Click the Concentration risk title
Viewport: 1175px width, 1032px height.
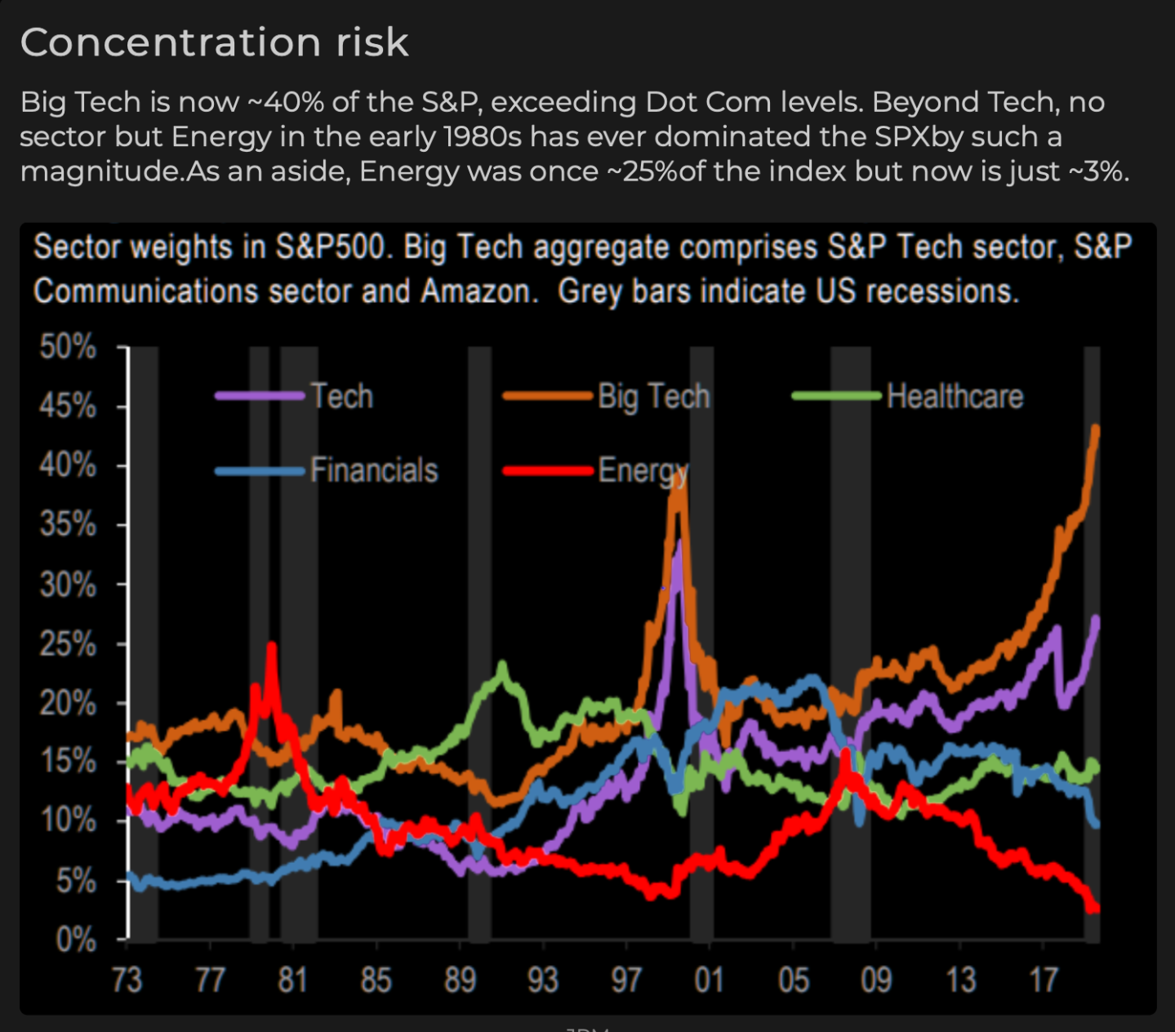click(x=214, y=42)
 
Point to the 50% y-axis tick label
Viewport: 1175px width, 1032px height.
click(x=69, y=348)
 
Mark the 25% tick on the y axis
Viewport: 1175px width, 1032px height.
click(x=69, y=644)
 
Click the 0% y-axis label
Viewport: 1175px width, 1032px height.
click(x=75, y=941)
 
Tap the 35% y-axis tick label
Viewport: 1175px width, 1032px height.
click(x=69, y=526)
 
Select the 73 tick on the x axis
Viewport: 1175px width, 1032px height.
click(x=127, y=979)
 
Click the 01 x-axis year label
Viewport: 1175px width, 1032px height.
click(x=709, y=979)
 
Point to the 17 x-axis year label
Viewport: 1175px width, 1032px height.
click(x=1043, y=979)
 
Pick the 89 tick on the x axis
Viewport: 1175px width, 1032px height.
click(x=460, y=979)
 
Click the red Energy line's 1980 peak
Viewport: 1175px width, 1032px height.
click(x=271, y=646)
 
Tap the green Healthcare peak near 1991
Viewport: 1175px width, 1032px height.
click(x=501, y=665)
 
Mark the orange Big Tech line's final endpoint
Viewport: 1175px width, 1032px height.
click(x=1096, y=428)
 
